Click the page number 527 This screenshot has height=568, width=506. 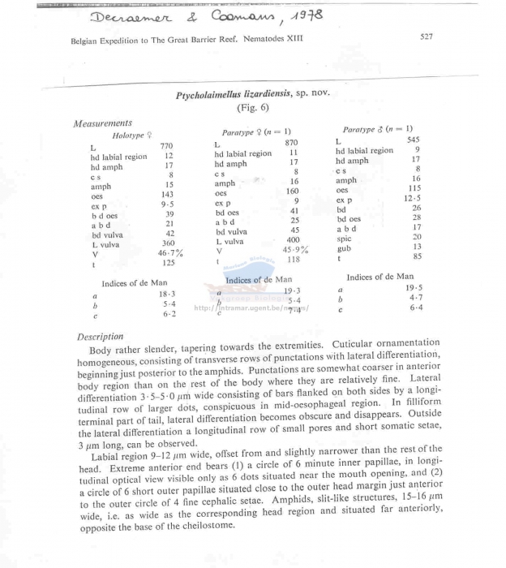coord(427,37)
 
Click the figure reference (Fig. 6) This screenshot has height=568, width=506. coord(252,107)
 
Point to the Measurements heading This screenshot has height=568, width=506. coord(104,123)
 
